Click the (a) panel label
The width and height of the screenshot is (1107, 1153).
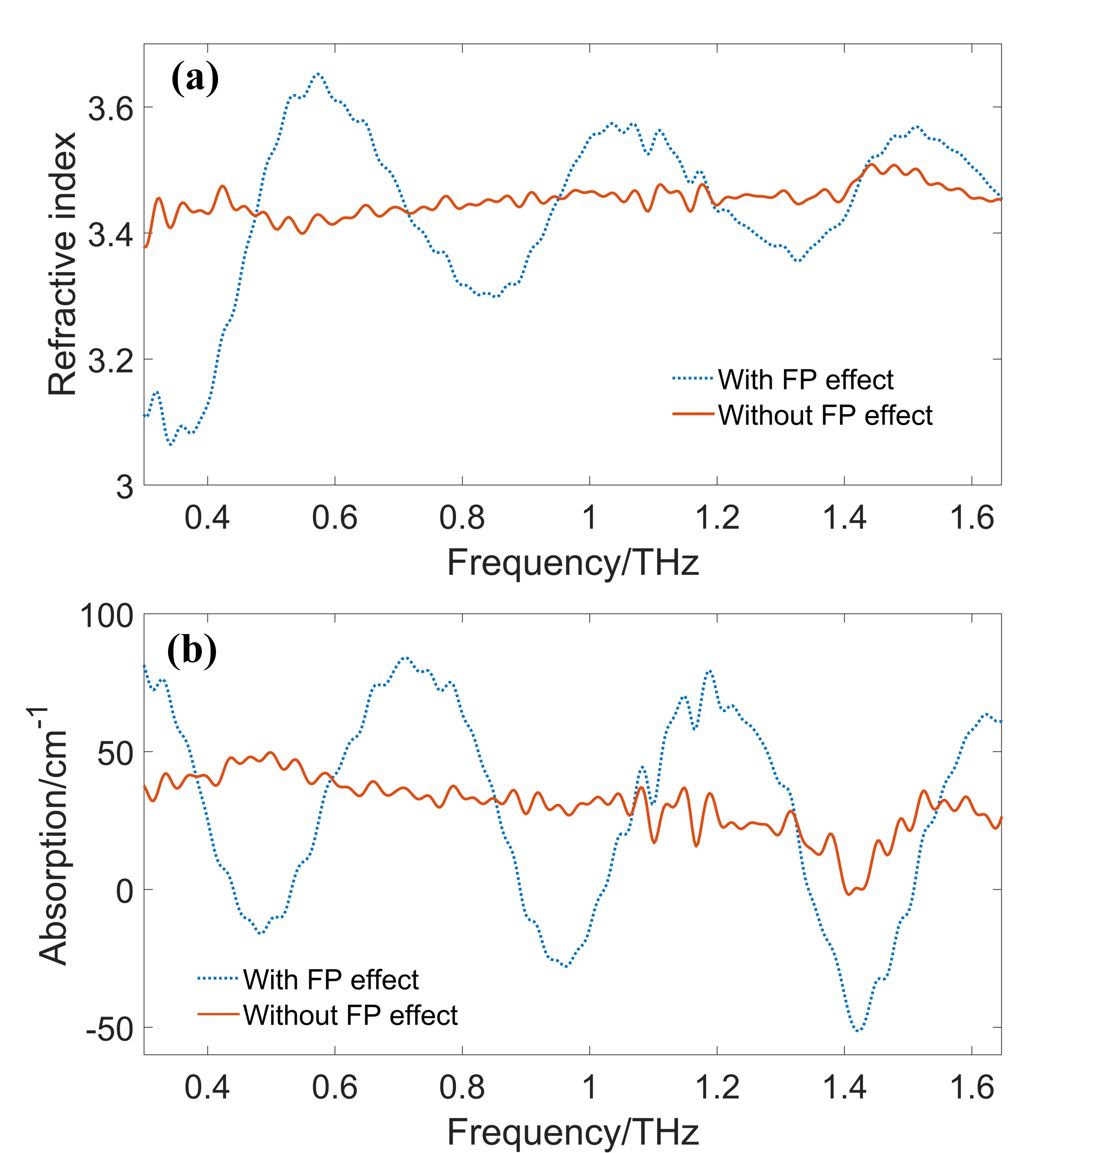click(x=195, y=78)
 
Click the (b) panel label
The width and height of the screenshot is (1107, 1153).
click(x=192, y=651)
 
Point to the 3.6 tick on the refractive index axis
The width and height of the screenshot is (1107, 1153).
click(x=111, y=109)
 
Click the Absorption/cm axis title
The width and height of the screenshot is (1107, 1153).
click(x=52, y=835)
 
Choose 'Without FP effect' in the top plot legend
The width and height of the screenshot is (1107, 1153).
click(x=824, y=415)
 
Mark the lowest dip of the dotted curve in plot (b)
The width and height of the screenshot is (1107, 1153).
click(x=858, y=1031)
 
